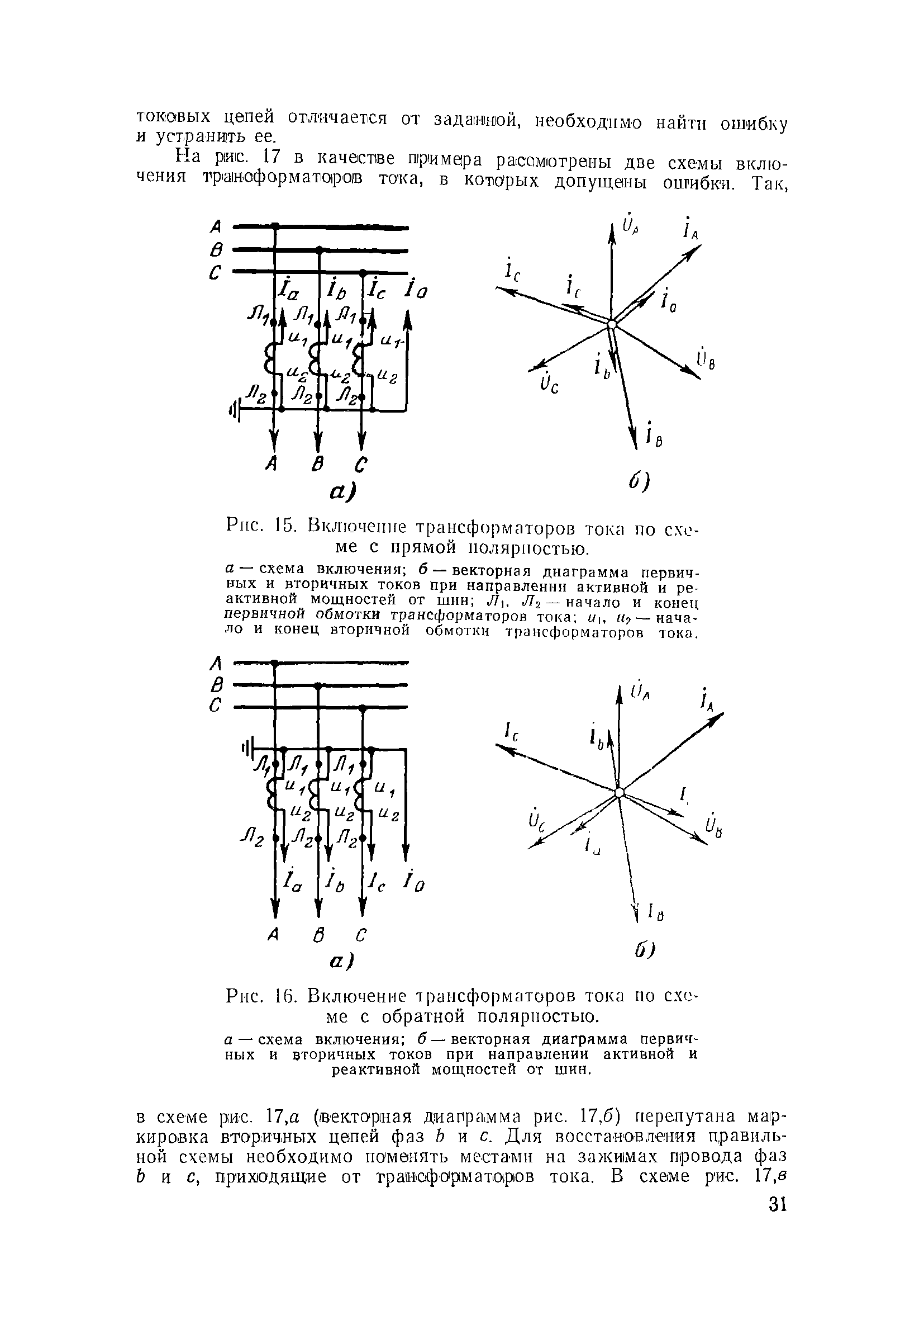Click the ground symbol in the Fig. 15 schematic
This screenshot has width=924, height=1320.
(x=235, y=410)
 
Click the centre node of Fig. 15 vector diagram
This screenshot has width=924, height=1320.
(x=612, y=325)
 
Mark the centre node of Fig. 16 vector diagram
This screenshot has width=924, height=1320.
(x=618, y=792)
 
